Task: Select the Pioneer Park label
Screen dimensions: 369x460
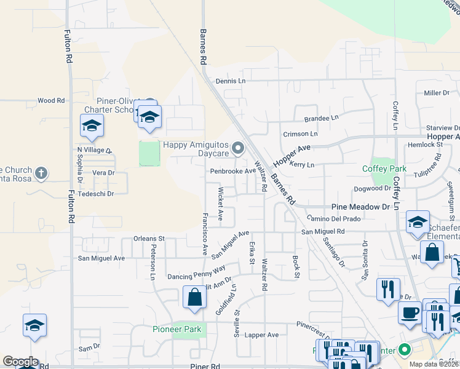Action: (177, 330)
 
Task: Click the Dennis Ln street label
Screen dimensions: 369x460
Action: (230, 81)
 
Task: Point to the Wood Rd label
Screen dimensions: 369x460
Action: (50, 100)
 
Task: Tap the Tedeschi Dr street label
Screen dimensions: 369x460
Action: (97, 194)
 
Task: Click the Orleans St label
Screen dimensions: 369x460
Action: (149, 238)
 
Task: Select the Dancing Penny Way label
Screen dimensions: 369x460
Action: (196, 272)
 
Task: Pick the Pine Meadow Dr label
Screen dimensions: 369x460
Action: (361, 207)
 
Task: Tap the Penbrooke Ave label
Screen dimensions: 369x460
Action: (233, 171)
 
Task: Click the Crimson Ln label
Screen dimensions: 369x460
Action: (300, 133)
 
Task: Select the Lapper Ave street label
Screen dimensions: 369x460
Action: (262, 335)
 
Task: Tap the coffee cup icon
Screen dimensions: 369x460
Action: (410, 312)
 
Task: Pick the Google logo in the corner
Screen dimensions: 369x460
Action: (20, 362)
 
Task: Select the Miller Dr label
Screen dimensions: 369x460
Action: (437, 93)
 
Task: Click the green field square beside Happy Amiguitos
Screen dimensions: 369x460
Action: (149, 154)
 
